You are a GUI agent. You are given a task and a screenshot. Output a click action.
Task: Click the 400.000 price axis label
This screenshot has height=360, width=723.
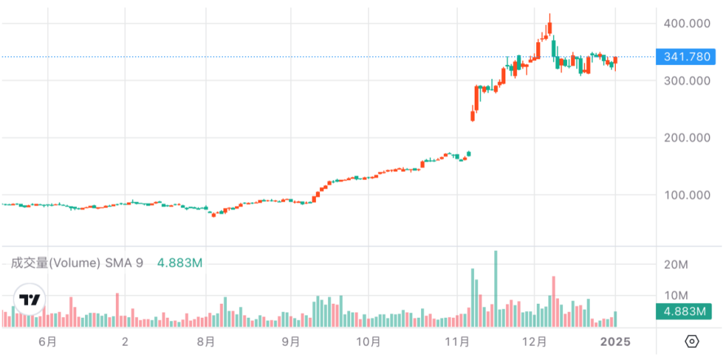point(686,23)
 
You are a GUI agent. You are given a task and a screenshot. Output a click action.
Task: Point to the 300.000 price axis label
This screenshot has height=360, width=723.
point(686,81)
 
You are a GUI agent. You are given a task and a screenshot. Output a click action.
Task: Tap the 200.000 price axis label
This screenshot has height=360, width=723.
point(686,138)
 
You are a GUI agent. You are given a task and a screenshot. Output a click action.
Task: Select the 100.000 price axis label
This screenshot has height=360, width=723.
point(686,195)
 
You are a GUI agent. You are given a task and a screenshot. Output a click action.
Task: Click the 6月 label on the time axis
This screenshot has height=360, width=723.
point(48,342)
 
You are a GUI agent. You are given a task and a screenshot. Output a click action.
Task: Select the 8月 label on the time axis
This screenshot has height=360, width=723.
point(206,342)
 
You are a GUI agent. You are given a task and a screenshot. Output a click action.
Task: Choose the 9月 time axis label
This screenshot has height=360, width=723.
point(291,342)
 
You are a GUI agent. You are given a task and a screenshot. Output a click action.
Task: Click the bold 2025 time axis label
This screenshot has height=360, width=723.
point(615,342)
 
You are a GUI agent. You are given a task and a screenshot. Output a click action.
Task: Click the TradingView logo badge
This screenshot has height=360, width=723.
point(29,300)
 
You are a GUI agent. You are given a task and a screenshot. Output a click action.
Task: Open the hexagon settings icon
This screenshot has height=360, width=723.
point(692,342)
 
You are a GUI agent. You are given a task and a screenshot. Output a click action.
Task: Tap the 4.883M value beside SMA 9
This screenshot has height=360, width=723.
point(179,263)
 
